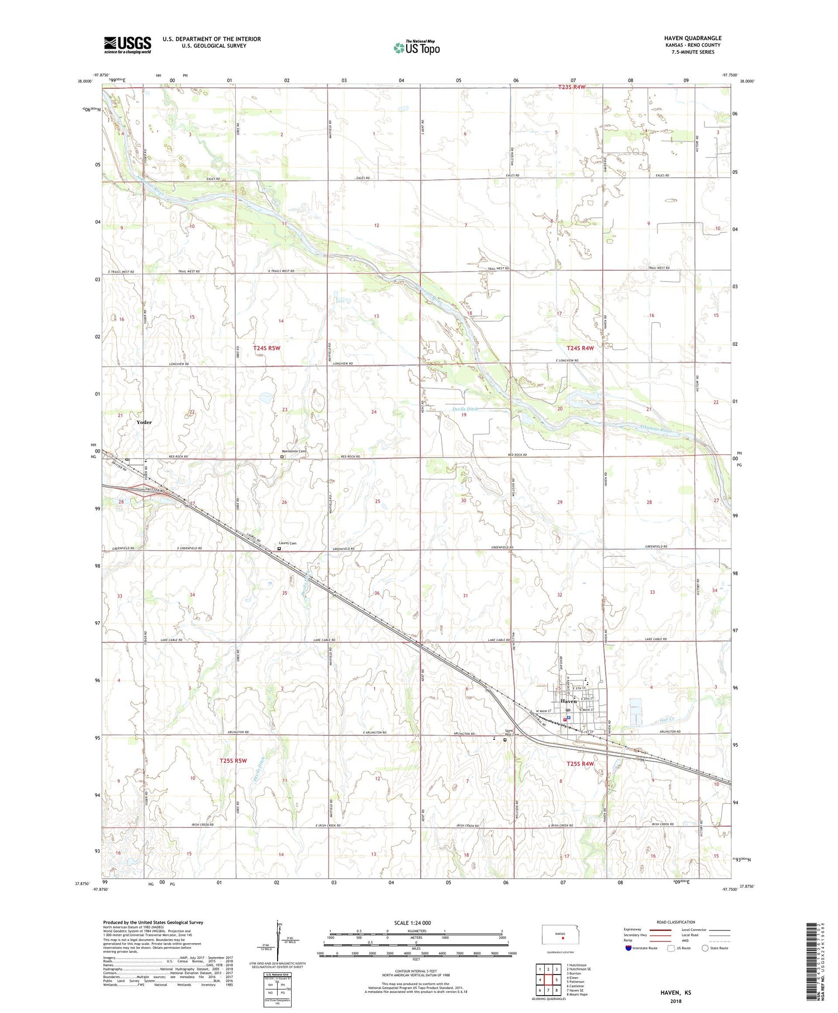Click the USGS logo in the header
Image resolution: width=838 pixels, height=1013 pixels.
click(x=127, y=45)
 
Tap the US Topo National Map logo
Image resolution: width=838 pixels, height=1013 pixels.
click(x=416, y=47)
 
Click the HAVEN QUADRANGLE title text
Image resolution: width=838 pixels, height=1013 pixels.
click(x=693, y=38)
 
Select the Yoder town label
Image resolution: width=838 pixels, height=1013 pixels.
click(x=144, y=422)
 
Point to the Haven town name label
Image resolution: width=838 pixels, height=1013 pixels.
click(x=568, y=701)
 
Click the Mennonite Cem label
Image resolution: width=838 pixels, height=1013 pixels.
click(x=294, y=451)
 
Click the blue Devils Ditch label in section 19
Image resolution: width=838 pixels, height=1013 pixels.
click(x=465, y=410)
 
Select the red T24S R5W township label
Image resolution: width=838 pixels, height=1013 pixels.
click(x=267, y=348)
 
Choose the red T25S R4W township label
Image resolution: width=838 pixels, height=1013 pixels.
click(x=580, y=764)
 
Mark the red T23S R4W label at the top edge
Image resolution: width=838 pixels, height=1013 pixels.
click(x=572, y=87)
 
